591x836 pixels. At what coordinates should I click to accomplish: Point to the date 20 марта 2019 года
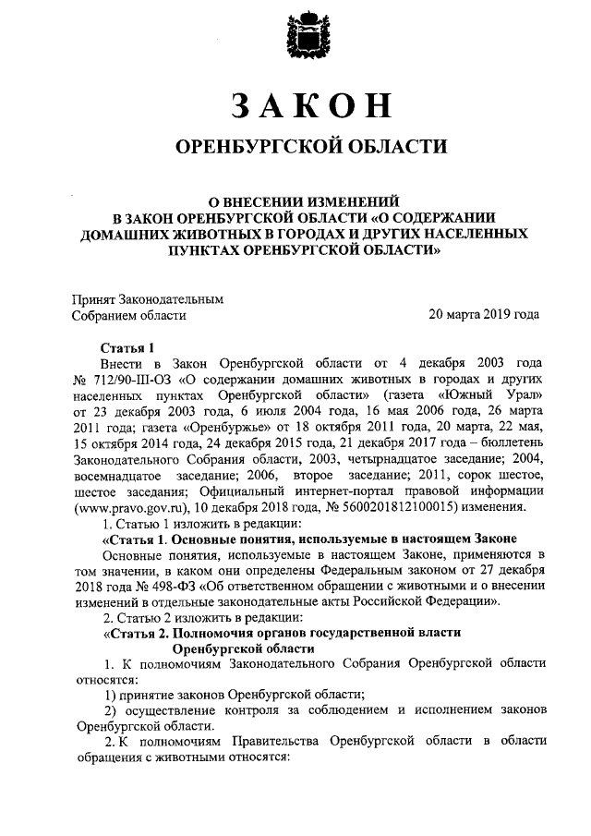click(x=483, y=315)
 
